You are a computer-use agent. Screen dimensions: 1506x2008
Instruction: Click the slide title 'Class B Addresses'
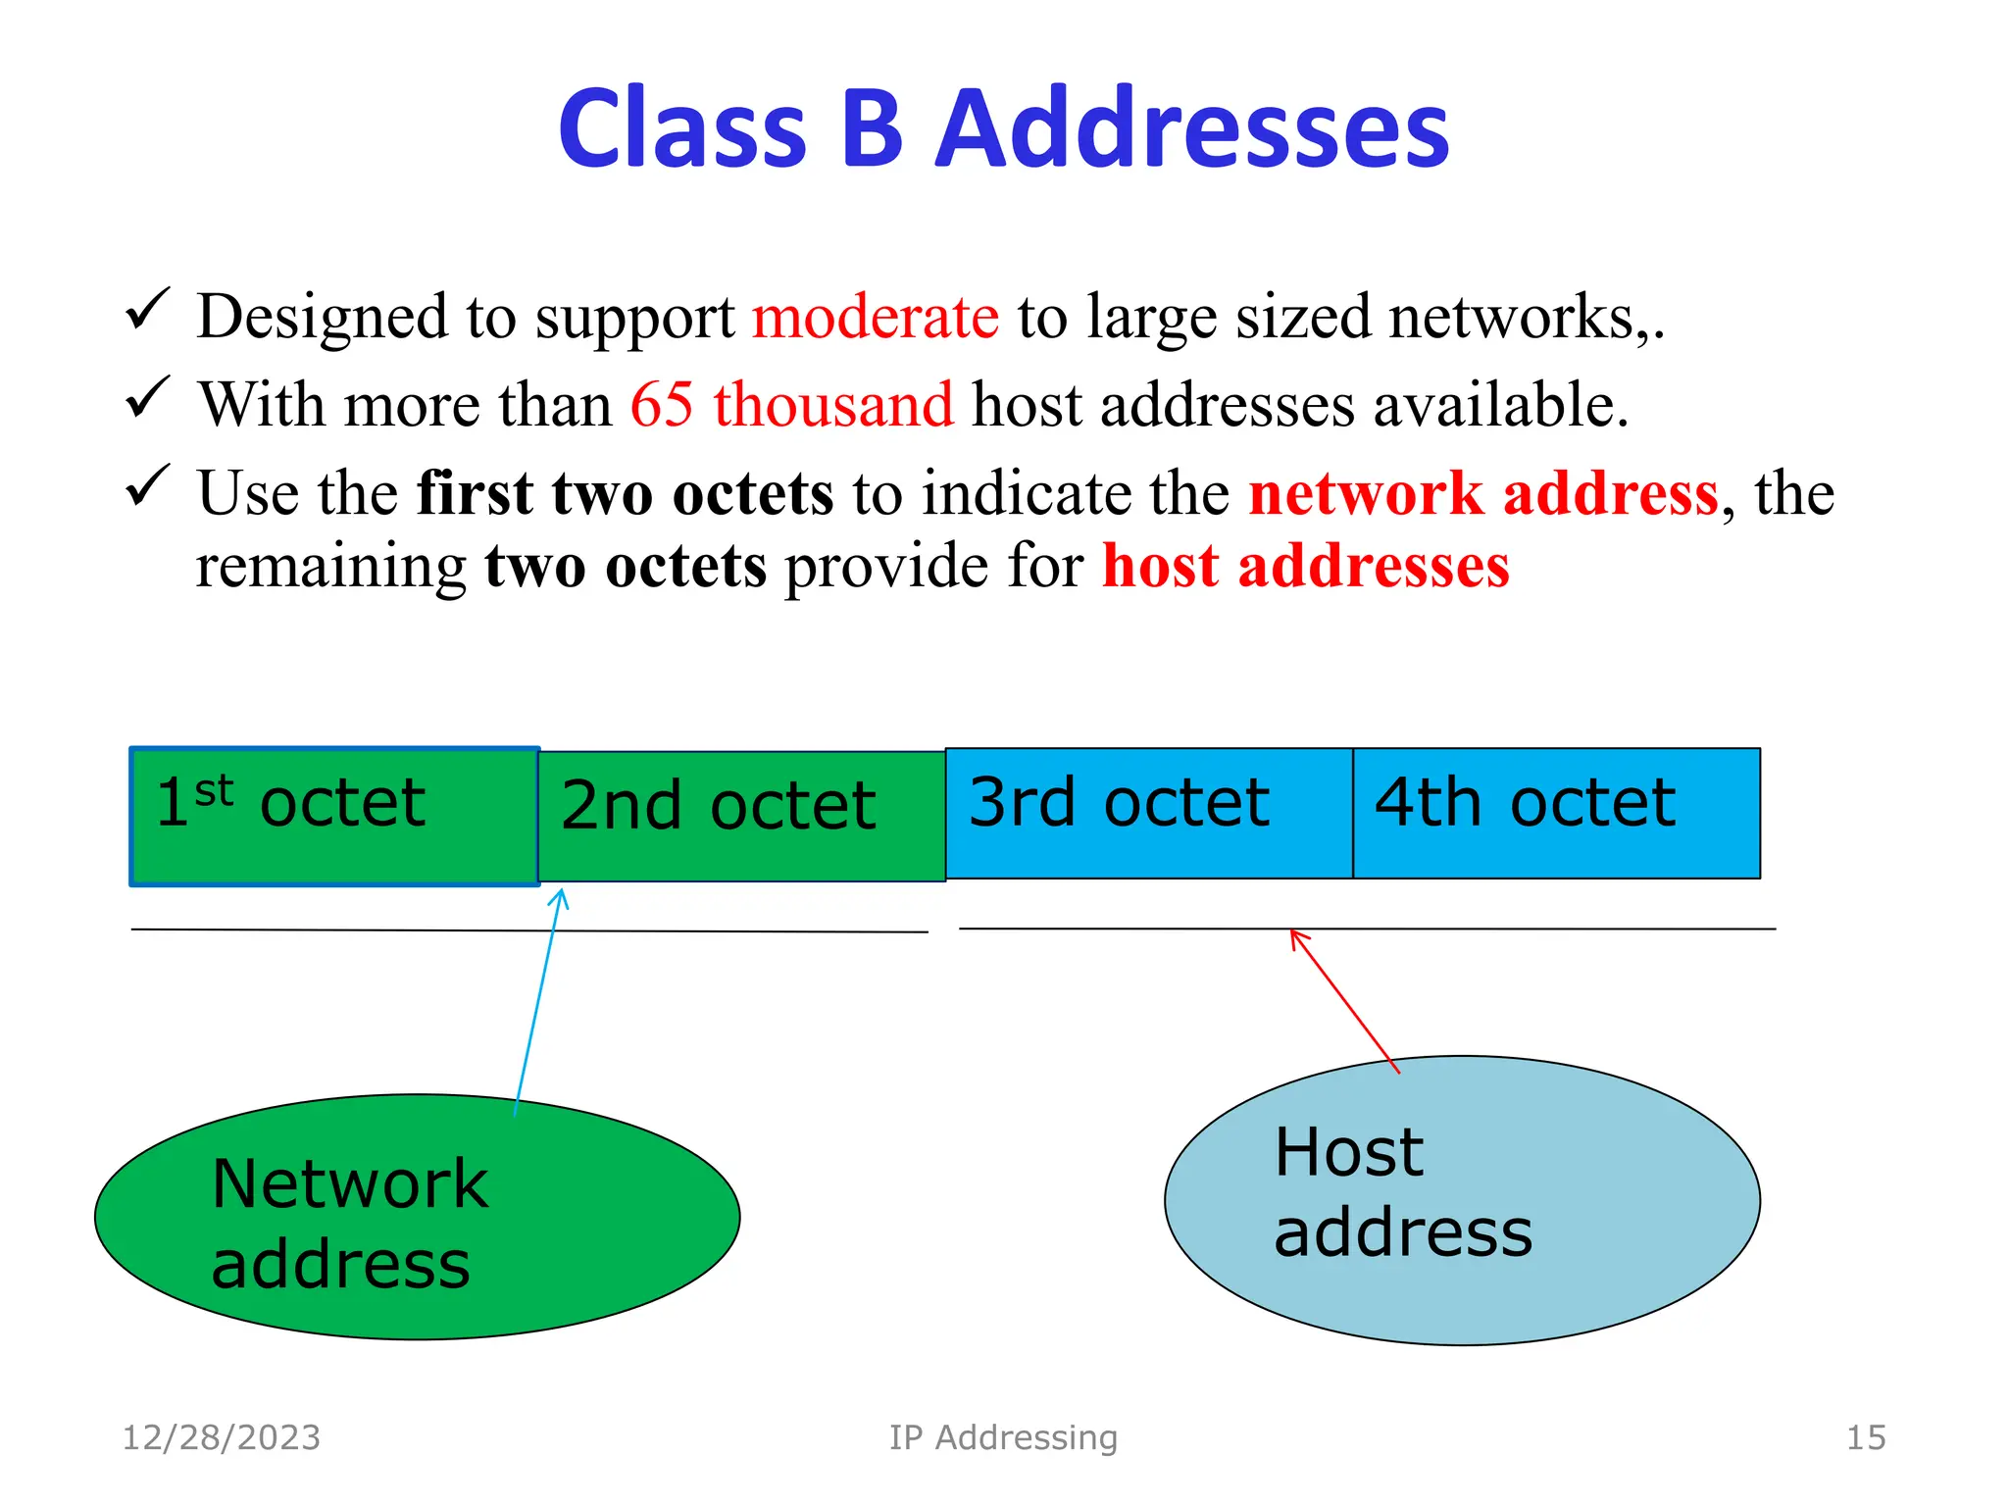[x=1003, y=128]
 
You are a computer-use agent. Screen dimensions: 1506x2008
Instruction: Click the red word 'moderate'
[x=875, y=318]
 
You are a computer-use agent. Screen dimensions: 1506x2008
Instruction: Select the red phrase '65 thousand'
[x=790, y=405]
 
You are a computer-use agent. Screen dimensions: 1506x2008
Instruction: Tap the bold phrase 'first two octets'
[x=625, y=493]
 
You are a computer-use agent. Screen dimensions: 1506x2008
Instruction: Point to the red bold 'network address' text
[x=1482, y=493]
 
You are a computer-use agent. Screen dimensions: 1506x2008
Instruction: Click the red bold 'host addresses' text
[x=1305, y=567]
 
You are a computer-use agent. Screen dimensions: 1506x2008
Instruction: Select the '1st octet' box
[x=334, y=817]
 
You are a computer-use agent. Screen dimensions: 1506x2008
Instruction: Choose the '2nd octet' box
[x=741, y=817]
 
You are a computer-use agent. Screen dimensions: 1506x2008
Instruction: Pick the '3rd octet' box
[x=1148, y=813]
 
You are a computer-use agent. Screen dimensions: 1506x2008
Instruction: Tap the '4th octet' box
[x=1556, y=813]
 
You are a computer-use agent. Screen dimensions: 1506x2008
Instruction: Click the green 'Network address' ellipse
[x=417, y=1217]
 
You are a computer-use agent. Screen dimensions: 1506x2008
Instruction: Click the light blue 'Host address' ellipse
[x=1461, y=1200]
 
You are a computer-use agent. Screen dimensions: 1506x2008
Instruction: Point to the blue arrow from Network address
[x=537, y=1000]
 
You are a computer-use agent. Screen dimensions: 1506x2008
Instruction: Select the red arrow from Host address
[x=1343, y=1000]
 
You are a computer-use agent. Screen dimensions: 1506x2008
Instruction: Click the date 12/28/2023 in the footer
[x=222, y=1438]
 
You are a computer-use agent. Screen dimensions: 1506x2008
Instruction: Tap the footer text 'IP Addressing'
[x=1003, y=1438]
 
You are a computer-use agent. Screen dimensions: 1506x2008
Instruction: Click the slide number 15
[x=1865, y=1438]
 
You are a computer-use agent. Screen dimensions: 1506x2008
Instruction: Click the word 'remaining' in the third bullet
[x=331, y=567]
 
